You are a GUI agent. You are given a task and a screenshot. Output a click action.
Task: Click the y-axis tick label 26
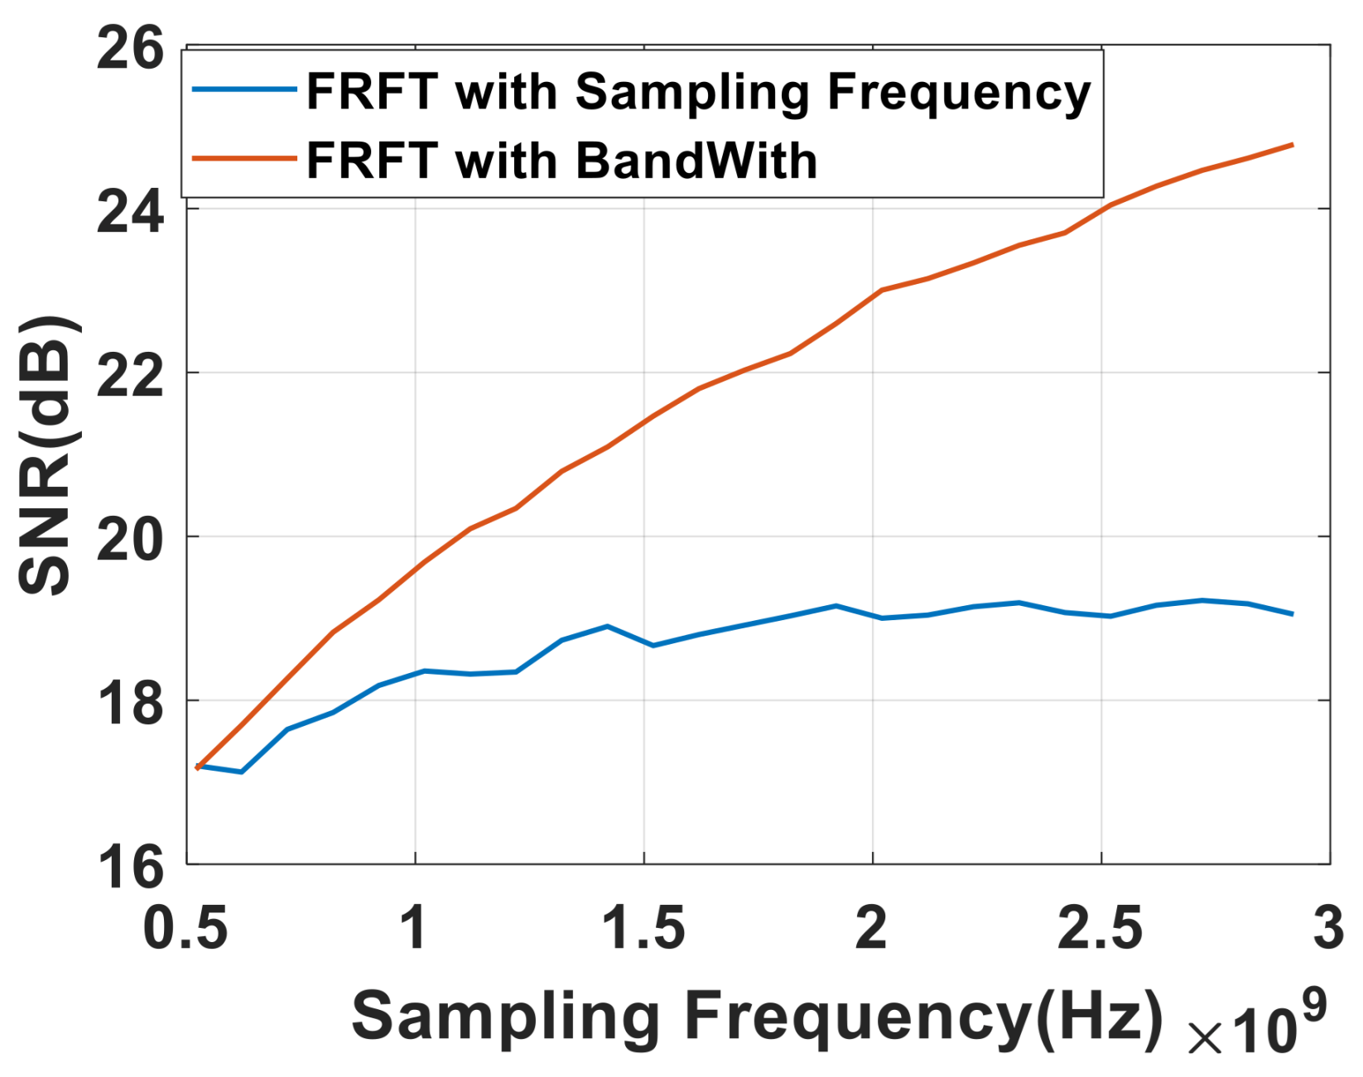coord(130,49)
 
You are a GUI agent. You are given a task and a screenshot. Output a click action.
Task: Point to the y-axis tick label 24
coord(130,212)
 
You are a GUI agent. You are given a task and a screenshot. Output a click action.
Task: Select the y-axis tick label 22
coord(130,375)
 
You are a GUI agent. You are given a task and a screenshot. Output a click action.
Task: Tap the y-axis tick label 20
coord(130,539)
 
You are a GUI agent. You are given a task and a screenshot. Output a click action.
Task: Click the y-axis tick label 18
coord(130,702)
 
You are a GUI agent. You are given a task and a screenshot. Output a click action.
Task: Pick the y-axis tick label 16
coord(130,866)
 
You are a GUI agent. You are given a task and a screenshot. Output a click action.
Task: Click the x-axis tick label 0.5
coord(185,928)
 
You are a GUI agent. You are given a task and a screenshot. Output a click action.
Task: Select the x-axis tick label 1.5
coord(643,928)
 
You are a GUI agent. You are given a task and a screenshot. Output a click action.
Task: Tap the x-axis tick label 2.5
coord(1101,928)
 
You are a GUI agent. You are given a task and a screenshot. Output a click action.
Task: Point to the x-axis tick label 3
coord(1328,928)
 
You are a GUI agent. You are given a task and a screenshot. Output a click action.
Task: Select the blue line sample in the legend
coord(244,89)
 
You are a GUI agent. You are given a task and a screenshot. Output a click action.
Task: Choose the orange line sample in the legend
coord(244,158)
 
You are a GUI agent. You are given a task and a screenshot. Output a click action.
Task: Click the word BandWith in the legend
coord(696,160)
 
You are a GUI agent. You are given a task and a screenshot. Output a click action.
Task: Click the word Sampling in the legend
coord(692,93)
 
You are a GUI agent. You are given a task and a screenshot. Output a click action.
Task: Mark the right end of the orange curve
coord(1292,145)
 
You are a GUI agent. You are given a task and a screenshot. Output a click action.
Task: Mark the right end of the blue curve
coord(1292,614)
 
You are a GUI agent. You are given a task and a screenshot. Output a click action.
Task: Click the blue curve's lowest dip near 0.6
coord(241,772)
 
